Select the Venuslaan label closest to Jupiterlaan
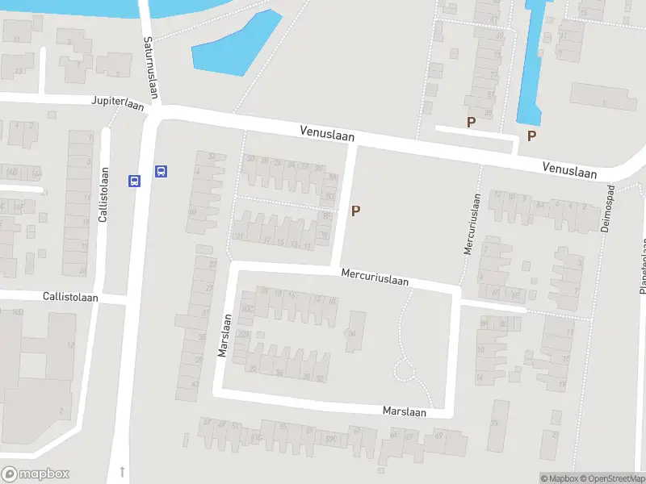click(x=327, y=133)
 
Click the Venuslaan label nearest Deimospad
click(x=569, y=169)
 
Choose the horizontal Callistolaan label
click(x=71, y=297)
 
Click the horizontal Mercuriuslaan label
click(x=375, y=277)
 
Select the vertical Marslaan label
click(x=224, y=335)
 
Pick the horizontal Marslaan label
click(x=405, y=411)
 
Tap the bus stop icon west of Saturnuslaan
click(x=134, y=181)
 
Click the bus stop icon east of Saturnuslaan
click(x=161, y=171)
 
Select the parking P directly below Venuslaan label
click(x=355, y=211)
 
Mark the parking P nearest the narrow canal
click(x=531, y=136)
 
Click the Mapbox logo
click(x=36, y=474)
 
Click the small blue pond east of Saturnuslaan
click(x=235, y=48)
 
